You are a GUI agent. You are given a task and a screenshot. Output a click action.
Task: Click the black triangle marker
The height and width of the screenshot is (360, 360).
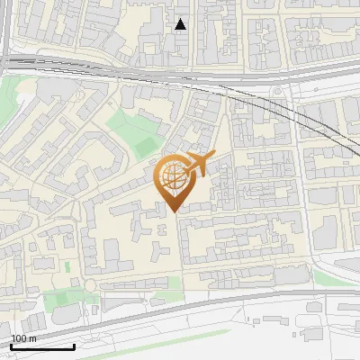click(x=181, y=24)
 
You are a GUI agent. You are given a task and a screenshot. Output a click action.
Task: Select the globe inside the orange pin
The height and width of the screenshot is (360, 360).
click(x=171, y=175)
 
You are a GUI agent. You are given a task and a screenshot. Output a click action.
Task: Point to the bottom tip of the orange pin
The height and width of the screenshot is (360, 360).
click(x=172, y=211)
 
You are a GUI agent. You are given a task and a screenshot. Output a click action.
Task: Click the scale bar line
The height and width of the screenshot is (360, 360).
click(x=42, y=346)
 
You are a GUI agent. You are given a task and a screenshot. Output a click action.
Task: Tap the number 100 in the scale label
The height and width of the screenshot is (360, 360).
click(x=20, y=339)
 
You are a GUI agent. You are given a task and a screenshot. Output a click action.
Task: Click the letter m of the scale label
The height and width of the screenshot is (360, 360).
click(x=33, y=339)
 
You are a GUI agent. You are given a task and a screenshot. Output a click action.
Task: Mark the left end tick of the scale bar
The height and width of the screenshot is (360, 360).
click(x=11, y=345)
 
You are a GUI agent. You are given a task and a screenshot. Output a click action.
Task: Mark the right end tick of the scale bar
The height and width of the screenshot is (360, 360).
click(x=74, y=345)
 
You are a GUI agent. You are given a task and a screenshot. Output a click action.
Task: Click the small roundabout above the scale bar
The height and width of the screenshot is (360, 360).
click(x=90, y=286)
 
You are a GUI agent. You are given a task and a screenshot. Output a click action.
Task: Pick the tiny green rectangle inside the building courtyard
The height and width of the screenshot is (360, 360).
click(x=67, y=265)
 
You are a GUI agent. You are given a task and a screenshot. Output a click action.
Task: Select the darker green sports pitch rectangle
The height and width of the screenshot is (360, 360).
click(x=145, y=144)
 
